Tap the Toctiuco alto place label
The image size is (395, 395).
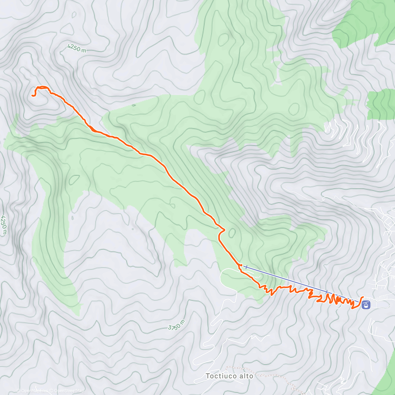point(229,376)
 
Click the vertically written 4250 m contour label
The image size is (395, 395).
point(4,225)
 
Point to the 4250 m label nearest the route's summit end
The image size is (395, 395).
point(77,49)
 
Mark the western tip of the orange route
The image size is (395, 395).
point(33,95)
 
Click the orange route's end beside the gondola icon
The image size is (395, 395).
point(362,297)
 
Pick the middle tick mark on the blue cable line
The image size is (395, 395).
point(327,292)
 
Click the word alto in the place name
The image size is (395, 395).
point(247,376)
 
